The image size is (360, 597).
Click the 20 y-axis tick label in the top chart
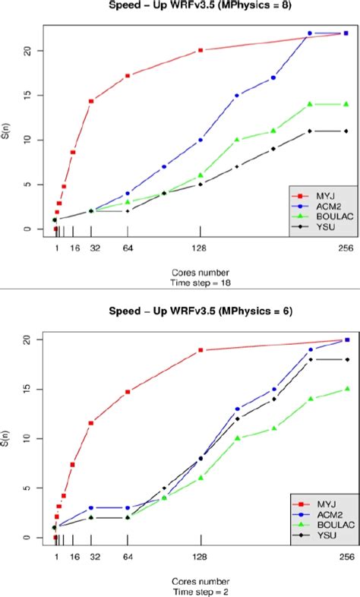[27, 51]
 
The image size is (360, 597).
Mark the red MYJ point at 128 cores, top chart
[201, 50]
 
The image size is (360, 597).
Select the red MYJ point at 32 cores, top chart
[91, 101]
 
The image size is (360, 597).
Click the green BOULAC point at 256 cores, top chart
[346, 104]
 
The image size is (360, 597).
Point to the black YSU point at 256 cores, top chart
[346, 131]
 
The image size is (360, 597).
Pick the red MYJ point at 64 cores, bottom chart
[128, 392]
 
